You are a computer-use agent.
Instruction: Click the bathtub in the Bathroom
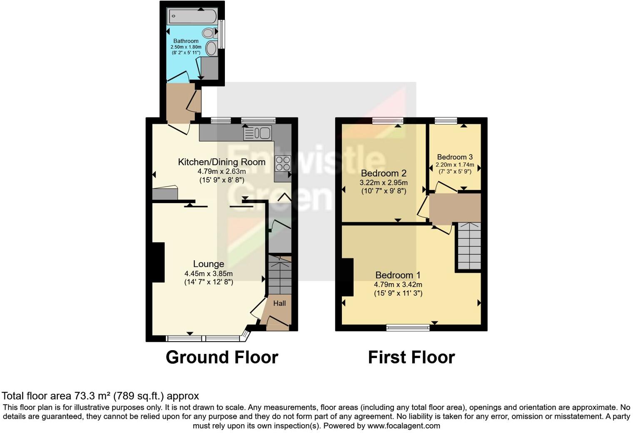tap(192, 17)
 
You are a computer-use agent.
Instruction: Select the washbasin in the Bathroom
tap(212, 49)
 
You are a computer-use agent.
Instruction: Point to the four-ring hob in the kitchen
tap(283, 163)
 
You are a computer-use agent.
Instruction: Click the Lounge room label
tap(208, 264)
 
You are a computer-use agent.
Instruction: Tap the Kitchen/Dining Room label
tap(222, 162)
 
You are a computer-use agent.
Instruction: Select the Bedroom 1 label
tap(398, 275)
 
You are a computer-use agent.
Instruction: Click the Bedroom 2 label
tap(384, 173)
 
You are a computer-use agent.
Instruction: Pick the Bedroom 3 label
tap(455, 157)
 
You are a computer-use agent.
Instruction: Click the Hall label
tap(279, 303)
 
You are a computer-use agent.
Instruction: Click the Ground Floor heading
tap(222, 357)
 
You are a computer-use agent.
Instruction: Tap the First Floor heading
tap(411, 357)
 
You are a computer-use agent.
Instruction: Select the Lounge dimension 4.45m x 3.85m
tap(208, 274)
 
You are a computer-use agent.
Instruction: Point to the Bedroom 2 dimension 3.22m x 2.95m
tap(384, 183)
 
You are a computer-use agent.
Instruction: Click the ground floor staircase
tap(279, 275)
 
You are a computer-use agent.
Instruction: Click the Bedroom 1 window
tap(408, 328)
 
